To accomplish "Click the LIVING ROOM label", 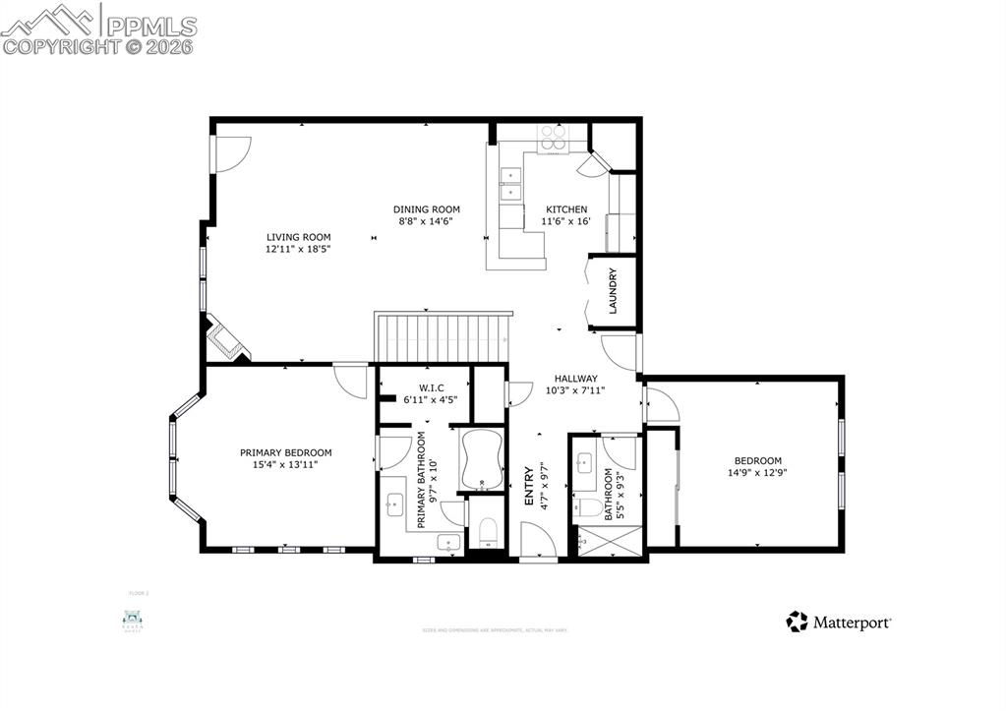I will (x=298, y=237).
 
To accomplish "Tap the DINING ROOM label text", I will (x=427, y=209).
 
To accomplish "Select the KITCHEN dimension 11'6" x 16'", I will (x=565, y=222).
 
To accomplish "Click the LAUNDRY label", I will (x=612, y=290).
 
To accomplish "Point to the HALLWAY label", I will (x=575, y=378).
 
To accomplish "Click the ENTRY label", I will (x=529, y=486).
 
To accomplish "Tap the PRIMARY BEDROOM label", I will (x=285, y=452).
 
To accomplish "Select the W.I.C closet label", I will (x=431, y=387).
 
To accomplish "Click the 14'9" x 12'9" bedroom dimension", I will (x=757, y=473).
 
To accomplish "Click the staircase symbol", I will (x=444, y=337).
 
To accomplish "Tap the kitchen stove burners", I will (x=552, y=138).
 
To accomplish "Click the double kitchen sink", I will (x=512, y=184).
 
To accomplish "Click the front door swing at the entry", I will (x=537, y=541).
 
